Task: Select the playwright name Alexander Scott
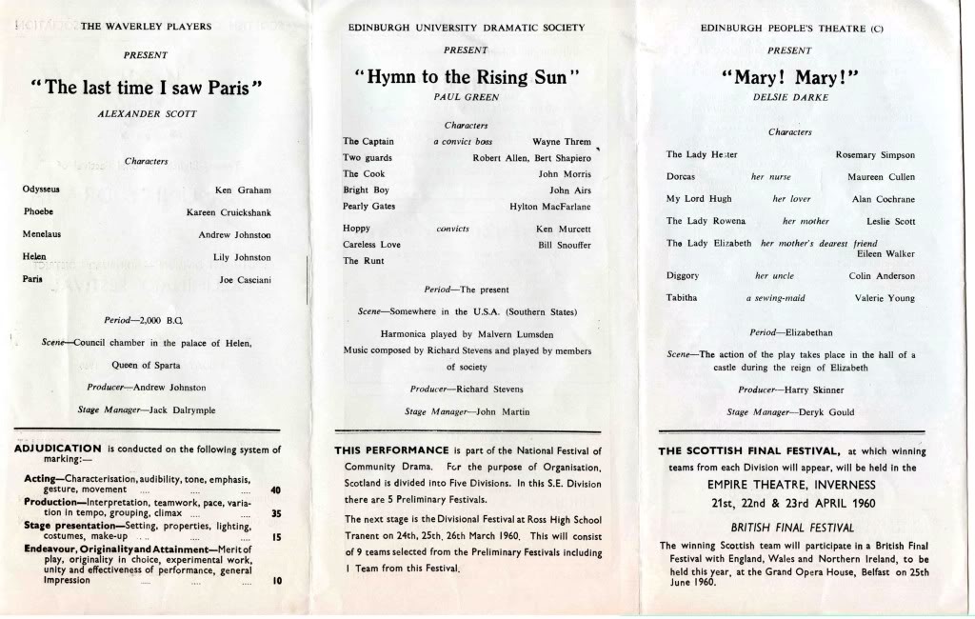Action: [147, 113]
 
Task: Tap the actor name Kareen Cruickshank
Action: [229, 212]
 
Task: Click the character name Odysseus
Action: [41, 190]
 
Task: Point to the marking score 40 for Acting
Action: [275, 489]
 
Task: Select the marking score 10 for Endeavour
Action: [276, 580]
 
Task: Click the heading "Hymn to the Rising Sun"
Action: [467, 77]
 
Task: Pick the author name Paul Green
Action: [467, 97]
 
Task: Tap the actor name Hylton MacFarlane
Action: [549, 207]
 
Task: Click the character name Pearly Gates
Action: [368, 207]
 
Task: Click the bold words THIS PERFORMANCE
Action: [391, 449]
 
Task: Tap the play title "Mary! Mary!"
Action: [791, 77]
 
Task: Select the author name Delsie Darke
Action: [791, 97]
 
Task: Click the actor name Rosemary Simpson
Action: [874, 155]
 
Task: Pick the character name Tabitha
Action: [682, 298]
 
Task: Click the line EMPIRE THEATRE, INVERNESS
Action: [791, 485]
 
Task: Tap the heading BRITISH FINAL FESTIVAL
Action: [791, 527]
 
